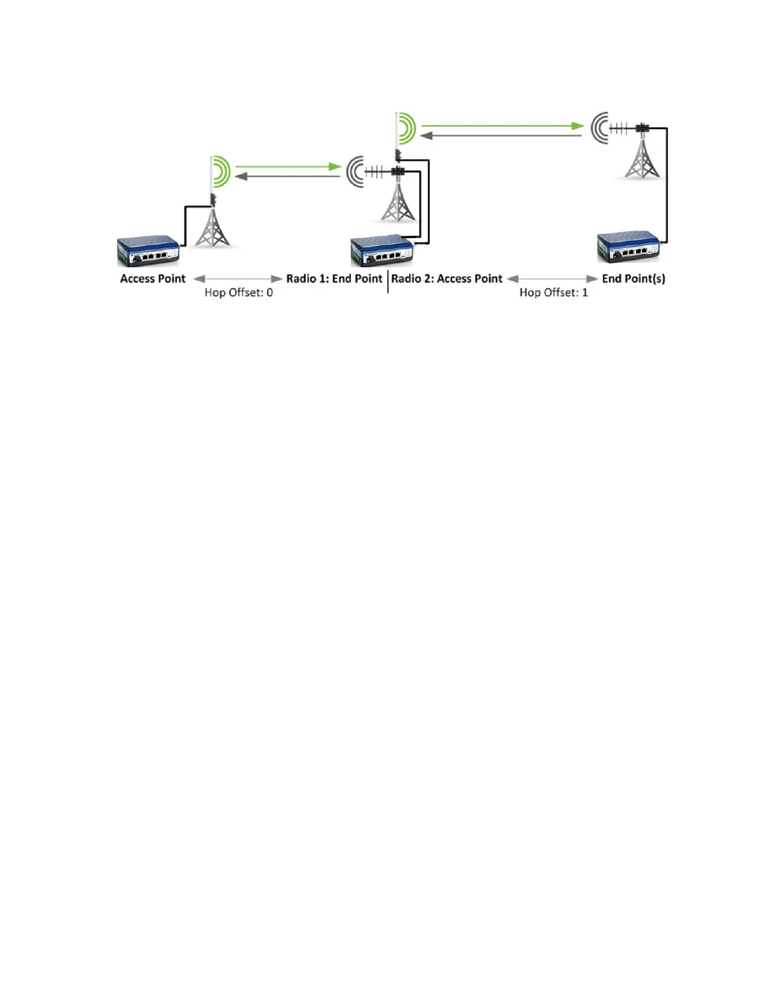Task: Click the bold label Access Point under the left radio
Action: click(x=152, y=279)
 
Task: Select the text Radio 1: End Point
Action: click(x=335, y=279)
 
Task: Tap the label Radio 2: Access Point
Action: click(x=446, y=279)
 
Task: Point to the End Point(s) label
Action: click(x=634, y=279)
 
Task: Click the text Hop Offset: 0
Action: click(x=239, y=293)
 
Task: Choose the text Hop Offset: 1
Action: click(x=554, y=293)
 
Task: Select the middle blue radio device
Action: click(x=382, y=251)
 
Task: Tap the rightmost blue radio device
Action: click(x=629, y=247)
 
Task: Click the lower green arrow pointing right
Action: click(x=288, y=166)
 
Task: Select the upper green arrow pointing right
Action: click(x=503, y=125)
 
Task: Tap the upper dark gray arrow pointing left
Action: click(x=501, y=135)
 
